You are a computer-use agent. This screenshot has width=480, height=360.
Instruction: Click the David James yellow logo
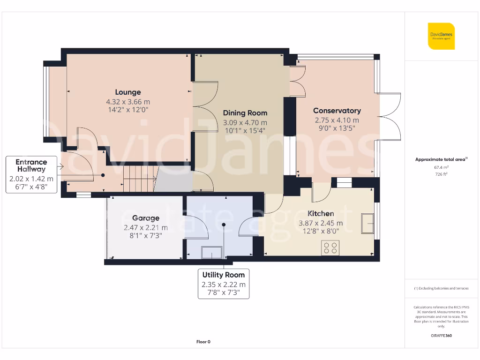coord(441,36)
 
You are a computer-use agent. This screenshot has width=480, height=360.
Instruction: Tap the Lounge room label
coord(128,92)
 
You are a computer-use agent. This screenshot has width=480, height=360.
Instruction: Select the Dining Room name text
coord(245,113)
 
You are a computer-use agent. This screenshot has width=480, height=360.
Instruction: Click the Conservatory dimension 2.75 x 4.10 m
coord(337,120)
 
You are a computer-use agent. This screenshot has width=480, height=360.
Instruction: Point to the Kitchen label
coord(321,214)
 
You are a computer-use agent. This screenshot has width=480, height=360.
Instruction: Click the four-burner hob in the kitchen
coord(330,247)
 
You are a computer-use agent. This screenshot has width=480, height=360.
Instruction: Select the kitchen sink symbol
coord(367,223)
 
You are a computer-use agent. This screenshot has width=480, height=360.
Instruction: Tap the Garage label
coord(145,218)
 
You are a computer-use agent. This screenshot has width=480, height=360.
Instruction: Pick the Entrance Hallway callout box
coord(31,175)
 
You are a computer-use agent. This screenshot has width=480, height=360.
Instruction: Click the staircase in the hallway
coord(139,179)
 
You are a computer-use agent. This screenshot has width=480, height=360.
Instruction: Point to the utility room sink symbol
coord(211,253)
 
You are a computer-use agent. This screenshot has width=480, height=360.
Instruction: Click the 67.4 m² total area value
coord(441,167)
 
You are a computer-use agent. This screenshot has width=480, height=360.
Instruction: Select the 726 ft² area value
coord(441,174)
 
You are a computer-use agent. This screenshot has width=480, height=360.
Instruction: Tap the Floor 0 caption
coord(203,342)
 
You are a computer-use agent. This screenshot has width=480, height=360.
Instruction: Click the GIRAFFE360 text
coord(441,336)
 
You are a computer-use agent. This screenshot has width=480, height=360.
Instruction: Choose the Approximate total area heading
coord(441,159)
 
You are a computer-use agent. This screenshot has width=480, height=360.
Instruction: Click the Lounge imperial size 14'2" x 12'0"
coord(128,110)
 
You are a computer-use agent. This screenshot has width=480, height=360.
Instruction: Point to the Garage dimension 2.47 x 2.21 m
coord(145,228)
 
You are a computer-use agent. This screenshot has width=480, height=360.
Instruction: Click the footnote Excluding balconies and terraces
coord(441,288)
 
